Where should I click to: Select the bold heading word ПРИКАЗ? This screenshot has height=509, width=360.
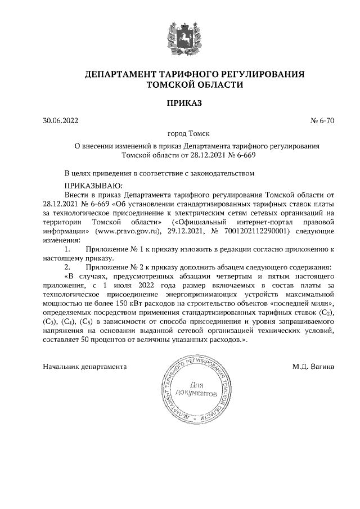click(180, 103)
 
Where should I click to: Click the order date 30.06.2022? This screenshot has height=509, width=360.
click(61, 120)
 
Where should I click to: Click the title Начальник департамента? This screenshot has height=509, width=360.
click(84, 367)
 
